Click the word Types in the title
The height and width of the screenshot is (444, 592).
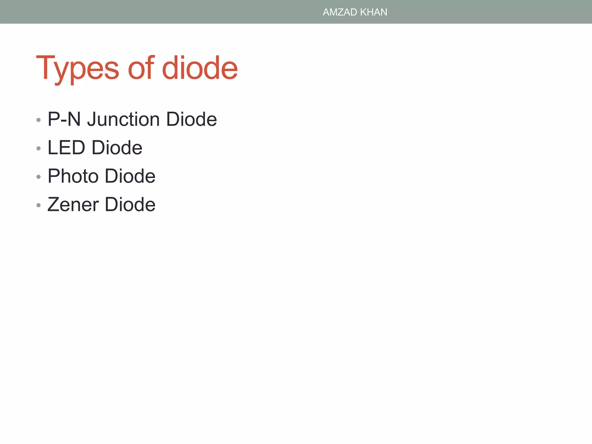pos(77,69)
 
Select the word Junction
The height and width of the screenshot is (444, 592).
pos(123,119)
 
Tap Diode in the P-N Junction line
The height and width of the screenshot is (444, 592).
pos(191,119)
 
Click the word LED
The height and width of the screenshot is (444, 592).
pos(66,147)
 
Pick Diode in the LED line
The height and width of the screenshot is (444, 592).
pos(117,147)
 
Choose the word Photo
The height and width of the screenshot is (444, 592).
pos(73,176)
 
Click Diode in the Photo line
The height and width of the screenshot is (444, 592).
pos(130,176)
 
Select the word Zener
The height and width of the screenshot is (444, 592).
pos(73,204)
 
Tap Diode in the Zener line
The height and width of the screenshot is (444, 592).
pos(130,204)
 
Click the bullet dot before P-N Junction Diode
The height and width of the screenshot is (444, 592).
pos(38,120)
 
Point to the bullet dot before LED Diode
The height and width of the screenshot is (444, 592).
pos(38,148)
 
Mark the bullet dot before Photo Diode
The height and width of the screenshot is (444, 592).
pos(38,177)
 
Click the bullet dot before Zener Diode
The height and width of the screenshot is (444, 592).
pos(38,205)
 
